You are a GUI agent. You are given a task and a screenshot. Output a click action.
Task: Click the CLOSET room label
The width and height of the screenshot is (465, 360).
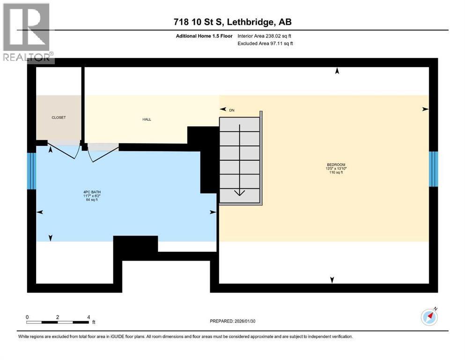click(59, 118)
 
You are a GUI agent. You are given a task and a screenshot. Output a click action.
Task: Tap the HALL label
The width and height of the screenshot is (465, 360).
click(147, 120)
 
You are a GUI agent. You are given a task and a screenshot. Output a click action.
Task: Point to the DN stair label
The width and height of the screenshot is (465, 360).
click(231, 110)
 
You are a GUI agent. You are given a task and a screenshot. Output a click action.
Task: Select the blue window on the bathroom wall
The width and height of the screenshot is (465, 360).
click(31, 171)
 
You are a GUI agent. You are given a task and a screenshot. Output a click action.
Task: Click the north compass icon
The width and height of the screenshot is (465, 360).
click(429, 317)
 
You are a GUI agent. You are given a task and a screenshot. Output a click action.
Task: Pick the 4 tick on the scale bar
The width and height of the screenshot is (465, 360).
click(89, 317)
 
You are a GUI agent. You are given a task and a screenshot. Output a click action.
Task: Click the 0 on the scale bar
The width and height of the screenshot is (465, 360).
click(27, 317)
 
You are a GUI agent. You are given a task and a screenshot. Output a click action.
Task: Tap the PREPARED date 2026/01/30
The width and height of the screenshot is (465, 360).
click(233, 321)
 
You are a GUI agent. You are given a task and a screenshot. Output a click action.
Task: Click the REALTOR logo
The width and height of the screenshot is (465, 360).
click(27, 33)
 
